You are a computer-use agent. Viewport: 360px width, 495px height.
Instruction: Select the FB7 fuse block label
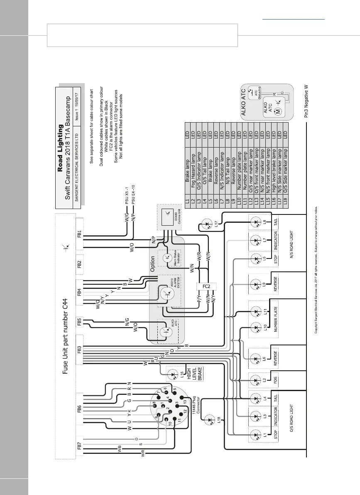[x=79, y=447]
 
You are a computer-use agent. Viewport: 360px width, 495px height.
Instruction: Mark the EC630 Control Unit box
[x=168, y=215]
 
